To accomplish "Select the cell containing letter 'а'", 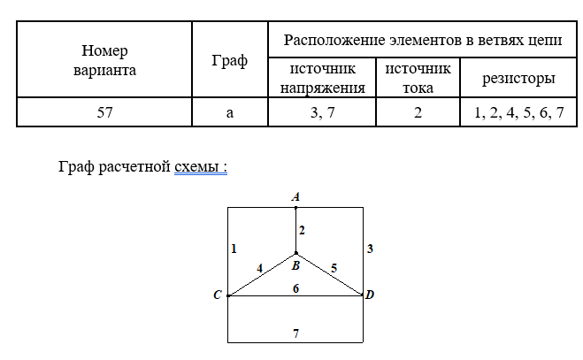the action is pyautogui.click(x=230, y=112).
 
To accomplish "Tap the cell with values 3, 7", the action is pyautogui.click(x=322, y=112).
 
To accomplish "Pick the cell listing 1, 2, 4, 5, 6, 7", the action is pyautogui.click(x=518, y=112).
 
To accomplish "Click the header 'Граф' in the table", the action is pyautogui.click(x=230, y=61).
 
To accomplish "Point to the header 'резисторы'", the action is pyautogui.click(x=518, y=79).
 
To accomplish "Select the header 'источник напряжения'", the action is pyautogui.click(x=322, y=78).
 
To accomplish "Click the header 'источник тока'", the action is pyautogui.click(x=418, y=78).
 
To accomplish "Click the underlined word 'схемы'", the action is pyautogui.click(x=200, y=167).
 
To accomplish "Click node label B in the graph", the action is pyautogui.click(x=295, y=264).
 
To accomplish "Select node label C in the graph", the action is pyautogui.click(x=217, y=295).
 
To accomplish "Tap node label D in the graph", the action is pyautogui.click(x=370, y=295).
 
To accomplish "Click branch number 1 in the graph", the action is pyautogui.click(x=234, y=249).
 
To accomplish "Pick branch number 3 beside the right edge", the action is pyautogui.click(x=370, y=249).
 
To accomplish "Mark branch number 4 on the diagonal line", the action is pyautogui.click(x=259, y=266).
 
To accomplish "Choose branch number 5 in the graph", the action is pyautogui.click(x=333, y=266).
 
